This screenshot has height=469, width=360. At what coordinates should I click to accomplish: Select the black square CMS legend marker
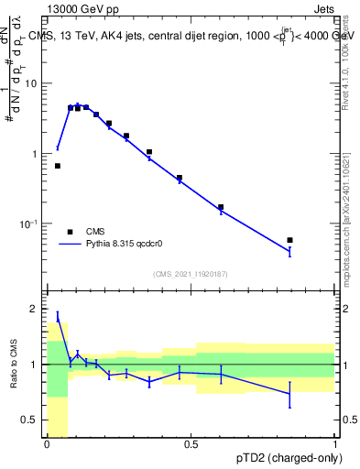tap(70, 232)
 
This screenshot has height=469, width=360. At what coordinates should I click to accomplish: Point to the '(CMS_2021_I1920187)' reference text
tap(191, 274)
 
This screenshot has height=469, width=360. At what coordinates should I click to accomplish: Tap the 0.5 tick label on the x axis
tap(191, 444)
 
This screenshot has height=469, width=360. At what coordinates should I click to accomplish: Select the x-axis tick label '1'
tap(335, 444)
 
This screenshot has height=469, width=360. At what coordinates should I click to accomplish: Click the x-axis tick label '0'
tap(47, 444)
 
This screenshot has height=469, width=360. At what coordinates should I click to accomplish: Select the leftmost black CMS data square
tap(58, 166)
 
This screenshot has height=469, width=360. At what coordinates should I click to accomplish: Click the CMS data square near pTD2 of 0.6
tap(221, 207)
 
